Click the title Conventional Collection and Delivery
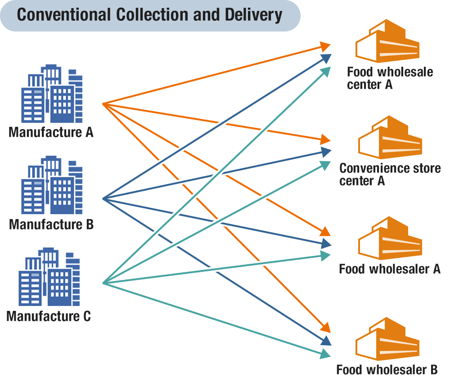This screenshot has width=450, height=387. (149, 15)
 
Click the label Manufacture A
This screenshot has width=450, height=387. (51, 133)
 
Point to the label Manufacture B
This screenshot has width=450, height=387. (51, 224)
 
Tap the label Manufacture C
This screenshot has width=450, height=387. (49, 316)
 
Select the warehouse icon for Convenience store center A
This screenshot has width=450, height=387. (390, 138)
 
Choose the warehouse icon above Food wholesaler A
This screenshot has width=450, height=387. (390, 238)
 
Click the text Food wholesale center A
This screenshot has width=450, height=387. (390, 78)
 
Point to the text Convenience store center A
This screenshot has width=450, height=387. (390, 175)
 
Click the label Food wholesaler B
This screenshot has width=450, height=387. (387, 370)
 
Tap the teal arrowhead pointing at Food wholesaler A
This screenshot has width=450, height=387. (326, 255)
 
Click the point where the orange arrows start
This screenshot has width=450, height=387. (103, 104)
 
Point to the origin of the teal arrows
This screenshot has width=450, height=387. (103, 283)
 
